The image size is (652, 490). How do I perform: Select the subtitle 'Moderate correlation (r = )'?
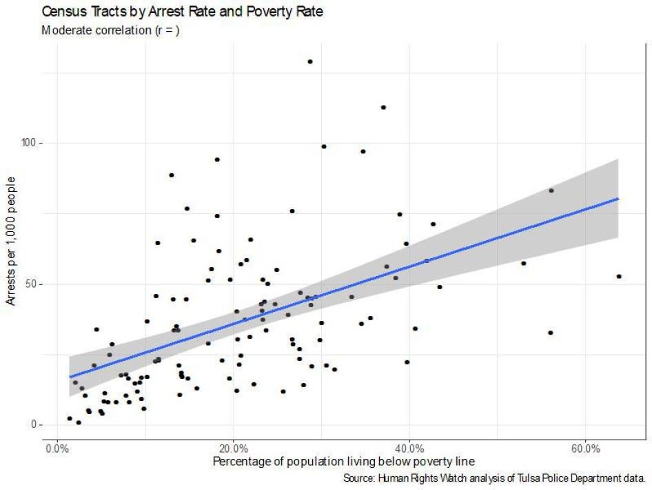tap(110, 31)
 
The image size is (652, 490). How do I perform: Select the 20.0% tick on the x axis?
tap(234, 449)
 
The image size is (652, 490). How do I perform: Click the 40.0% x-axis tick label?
tap(409, 449)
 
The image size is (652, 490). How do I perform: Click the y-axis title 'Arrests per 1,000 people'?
tap(12, 242)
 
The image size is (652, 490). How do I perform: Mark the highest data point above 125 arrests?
tap(310, 61)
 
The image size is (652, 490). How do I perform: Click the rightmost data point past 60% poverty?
tap(619, 276)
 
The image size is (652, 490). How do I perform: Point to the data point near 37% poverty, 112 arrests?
tap(383, 107)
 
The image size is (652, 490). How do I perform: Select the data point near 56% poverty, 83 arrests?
tap(551, 190)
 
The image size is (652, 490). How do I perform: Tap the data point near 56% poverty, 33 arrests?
tap(551, 333)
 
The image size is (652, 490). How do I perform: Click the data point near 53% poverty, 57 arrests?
tap(524, 263)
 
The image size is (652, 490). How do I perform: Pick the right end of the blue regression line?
tap(618, 199)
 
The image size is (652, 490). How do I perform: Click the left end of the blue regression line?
tap(70, 377)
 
